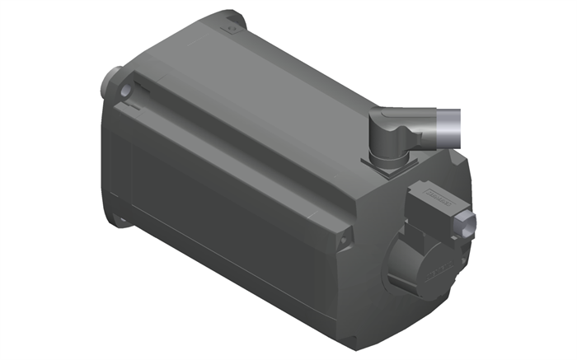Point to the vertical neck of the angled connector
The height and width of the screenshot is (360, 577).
pos(385,147)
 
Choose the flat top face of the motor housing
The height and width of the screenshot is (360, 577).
pos(272,82)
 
